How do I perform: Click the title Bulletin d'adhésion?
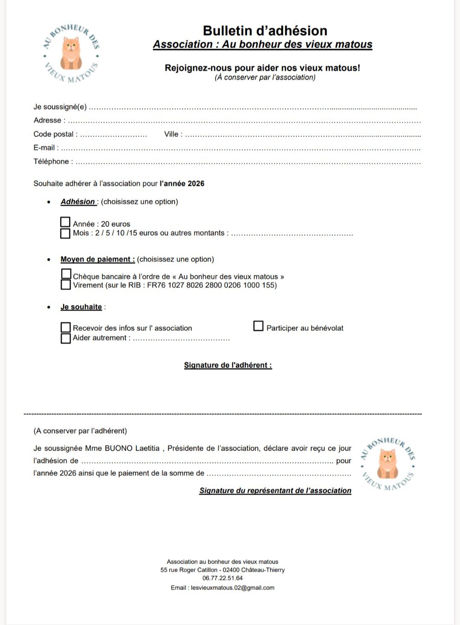[x=265, y=31]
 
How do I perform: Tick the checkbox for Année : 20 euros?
[x=65, y=222]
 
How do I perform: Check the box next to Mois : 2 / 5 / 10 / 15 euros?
[x=65, y=233]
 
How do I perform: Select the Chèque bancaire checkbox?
[x=66, y=273]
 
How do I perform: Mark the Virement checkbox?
[x=66, y=284]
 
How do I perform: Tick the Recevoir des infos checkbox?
[x=66, y=327]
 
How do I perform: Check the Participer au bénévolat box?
[x=258, y=326]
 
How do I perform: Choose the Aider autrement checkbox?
[x=66, y=338]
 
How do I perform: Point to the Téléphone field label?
[x=51, y=162]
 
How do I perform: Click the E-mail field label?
[x=44, y=148]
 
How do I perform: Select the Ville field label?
[x=171, y=134]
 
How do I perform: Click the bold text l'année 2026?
[x=182, y=184]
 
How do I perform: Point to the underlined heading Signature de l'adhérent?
[x=228, y=365]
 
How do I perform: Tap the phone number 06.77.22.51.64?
[x=222, y=579]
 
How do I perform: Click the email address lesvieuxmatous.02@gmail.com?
[x=233, y=588]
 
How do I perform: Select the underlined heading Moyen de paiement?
[x=98, y=259]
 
